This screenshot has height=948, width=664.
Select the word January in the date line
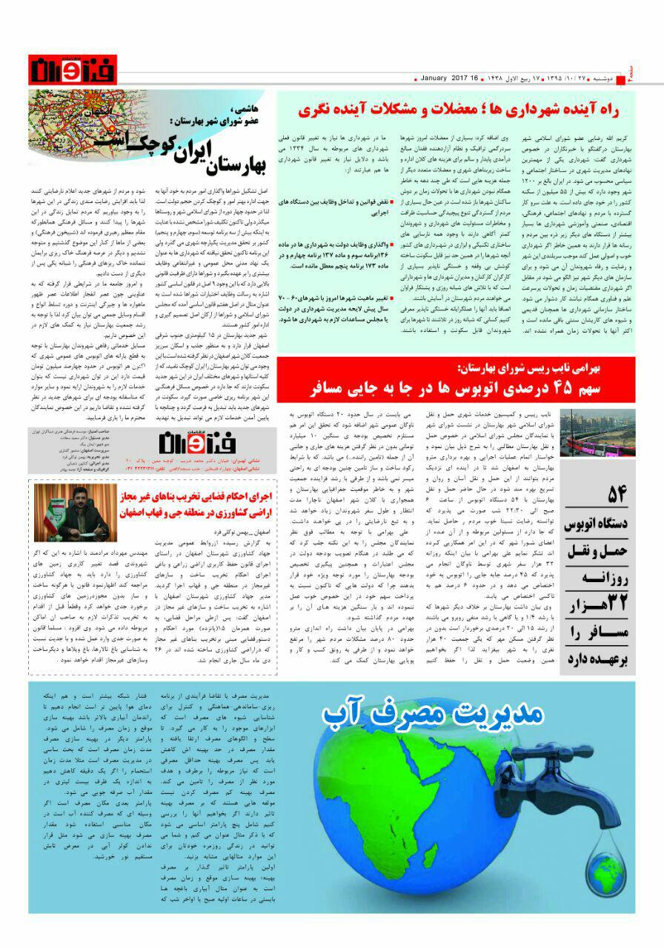pyautogui.click(x=438, y=79)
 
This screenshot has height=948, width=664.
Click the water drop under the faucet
pyautogui.click(x=554, y=844)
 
